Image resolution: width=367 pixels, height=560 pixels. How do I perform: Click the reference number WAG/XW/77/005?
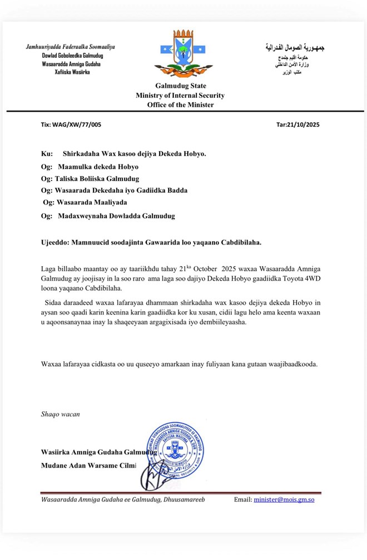click(80, 124)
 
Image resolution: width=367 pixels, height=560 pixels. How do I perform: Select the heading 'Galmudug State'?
click(180, 86)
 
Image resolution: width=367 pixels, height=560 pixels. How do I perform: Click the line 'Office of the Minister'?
click(180, 104)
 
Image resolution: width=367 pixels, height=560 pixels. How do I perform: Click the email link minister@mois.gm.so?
click(284, 499)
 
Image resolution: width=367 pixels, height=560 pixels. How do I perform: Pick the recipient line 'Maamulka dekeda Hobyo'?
click(98, 166)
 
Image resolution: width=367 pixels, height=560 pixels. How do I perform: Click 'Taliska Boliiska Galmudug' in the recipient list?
click(96, 178)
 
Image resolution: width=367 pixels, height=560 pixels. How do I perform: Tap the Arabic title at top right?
click(294, 48)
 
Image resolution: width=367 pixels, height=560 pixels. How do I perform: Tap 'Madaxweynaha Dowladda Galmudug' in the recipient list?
click(116, 216)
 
